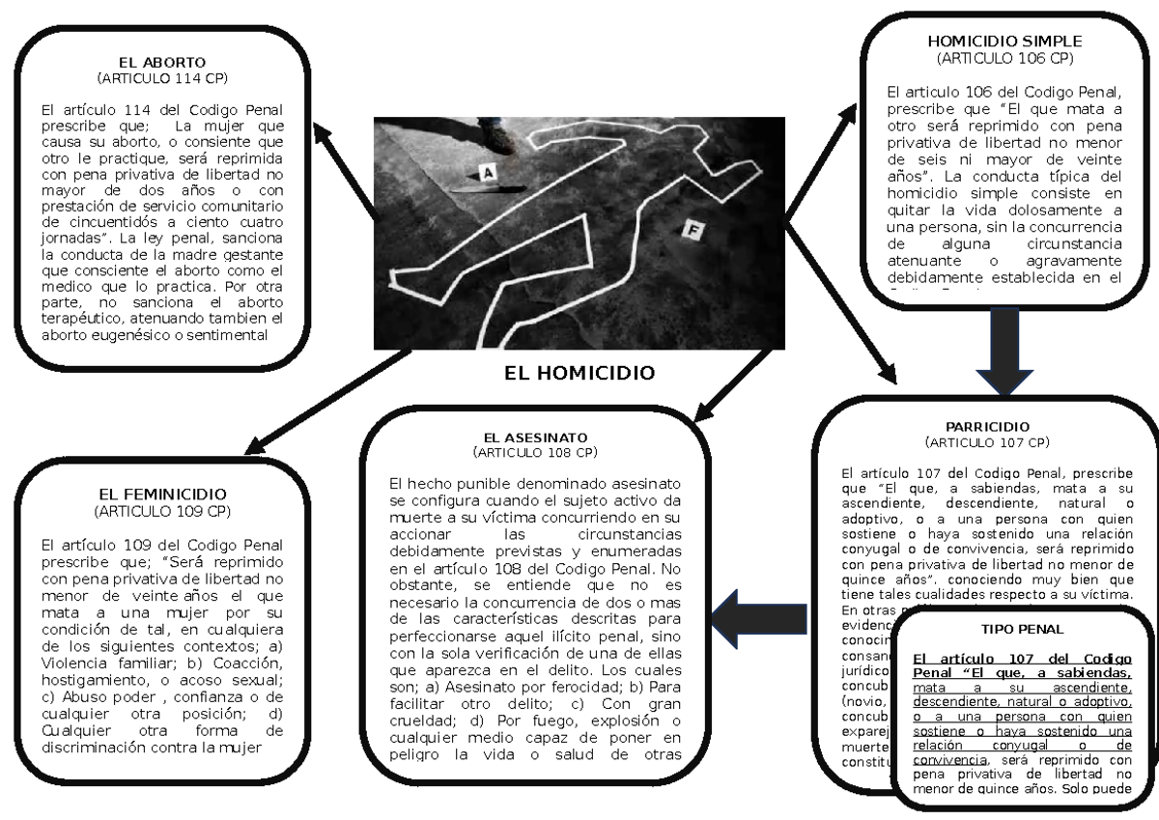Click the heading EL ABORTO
pyautogui.click(x=162, y=62)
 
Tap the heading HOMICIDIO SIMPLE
pyautogui.click(x=1004, y=42)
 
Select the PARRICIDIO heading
pyautogui.click(x=987, y=426)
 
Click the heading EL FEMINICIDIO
pyautogui.click(x=162, y=494)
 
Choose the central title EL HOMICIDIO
pyautogui.click(x=579, y=373)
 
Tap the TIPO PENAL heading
pyautogui.click(x=1022, y=628)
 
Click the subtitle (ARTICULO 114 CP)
pyautogui.click(x=162, y=76)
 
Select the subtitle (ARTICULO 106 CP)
pyautogui.click(x=1004, y=58)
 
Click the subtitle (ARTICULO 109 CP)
pyautogui.click(x=162, y=510)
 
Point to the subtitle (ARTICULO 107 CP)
pyautogui.click(x=987, y=442)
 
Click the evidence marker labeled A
pyautogui.click(x=489, y=173)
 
